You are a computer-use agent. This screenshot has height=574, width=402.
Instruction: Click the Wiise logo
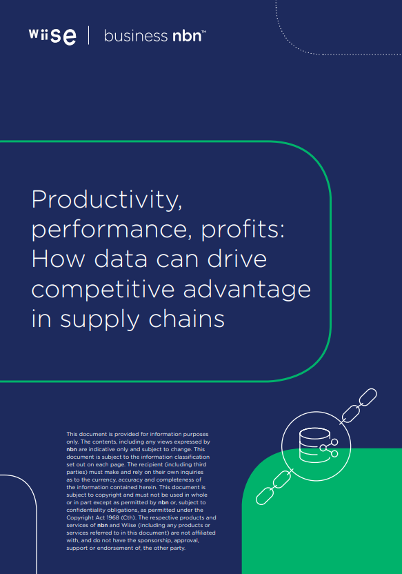click(x=52, y=35)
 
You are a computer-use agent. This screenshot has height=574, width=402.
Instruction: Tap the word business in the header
click(x=135, y=36)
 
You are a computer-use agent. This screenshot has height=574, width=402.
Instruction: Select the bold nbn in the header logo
click(x=187, y=36)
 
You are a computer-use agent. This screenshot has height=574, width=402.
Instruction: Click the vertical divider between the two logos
click(x=88, y=35)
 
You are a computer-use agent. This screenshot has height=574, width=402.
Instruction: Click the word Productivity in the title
click(x=106, y=200)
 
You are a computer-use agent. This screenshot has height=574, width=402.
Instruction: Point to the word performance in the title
click(x=112, y=230)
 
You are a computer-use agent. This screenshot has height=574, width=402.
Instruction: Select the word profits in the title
click(x=243, y=230)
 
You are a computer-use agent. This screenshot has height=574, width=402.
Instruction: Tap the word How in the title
click(x=58, y=259)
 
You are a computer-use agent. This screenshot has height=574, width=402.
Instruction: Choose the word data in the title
click(x=121, y=258)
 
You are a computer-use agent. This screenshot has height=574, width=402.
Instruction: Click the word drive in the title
click(x=237, y=258)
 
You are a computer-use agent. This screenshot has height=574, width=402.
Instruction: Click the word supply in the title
click(x=100, y=320)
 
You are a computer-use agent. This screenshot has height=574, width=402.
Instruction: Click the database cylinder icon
click(x=314, y=445)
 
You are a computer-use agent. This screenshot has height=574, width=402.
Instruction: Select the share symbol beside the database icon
click(x=329, y=448)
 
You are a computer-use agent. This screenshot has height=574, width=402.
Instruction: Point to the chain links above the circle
click(x=359, y=406)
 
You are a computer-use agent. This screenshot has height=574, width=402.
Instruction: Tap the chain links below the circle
click(x=274, y=487)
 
